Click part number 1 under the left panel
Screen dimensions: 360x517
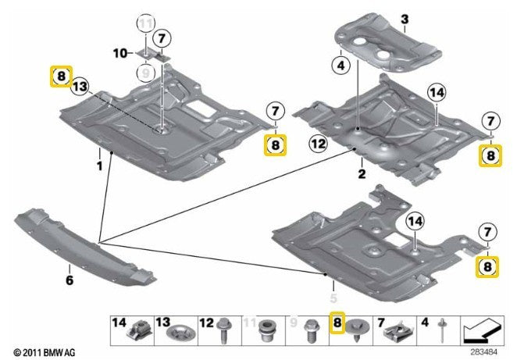[x=99, y=166]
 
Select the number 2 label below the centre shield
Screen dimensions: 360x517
[x=362, y=173]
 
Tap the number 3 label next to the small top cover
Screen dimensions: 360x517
[x=405, y=19]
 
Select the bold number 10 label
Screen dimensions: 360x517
[x=119, y=53]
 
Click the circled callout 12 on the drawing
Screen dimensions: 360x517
[x=317, y=144]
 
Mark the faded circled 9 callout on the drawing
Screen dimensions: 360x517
[x=143, y=73]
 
